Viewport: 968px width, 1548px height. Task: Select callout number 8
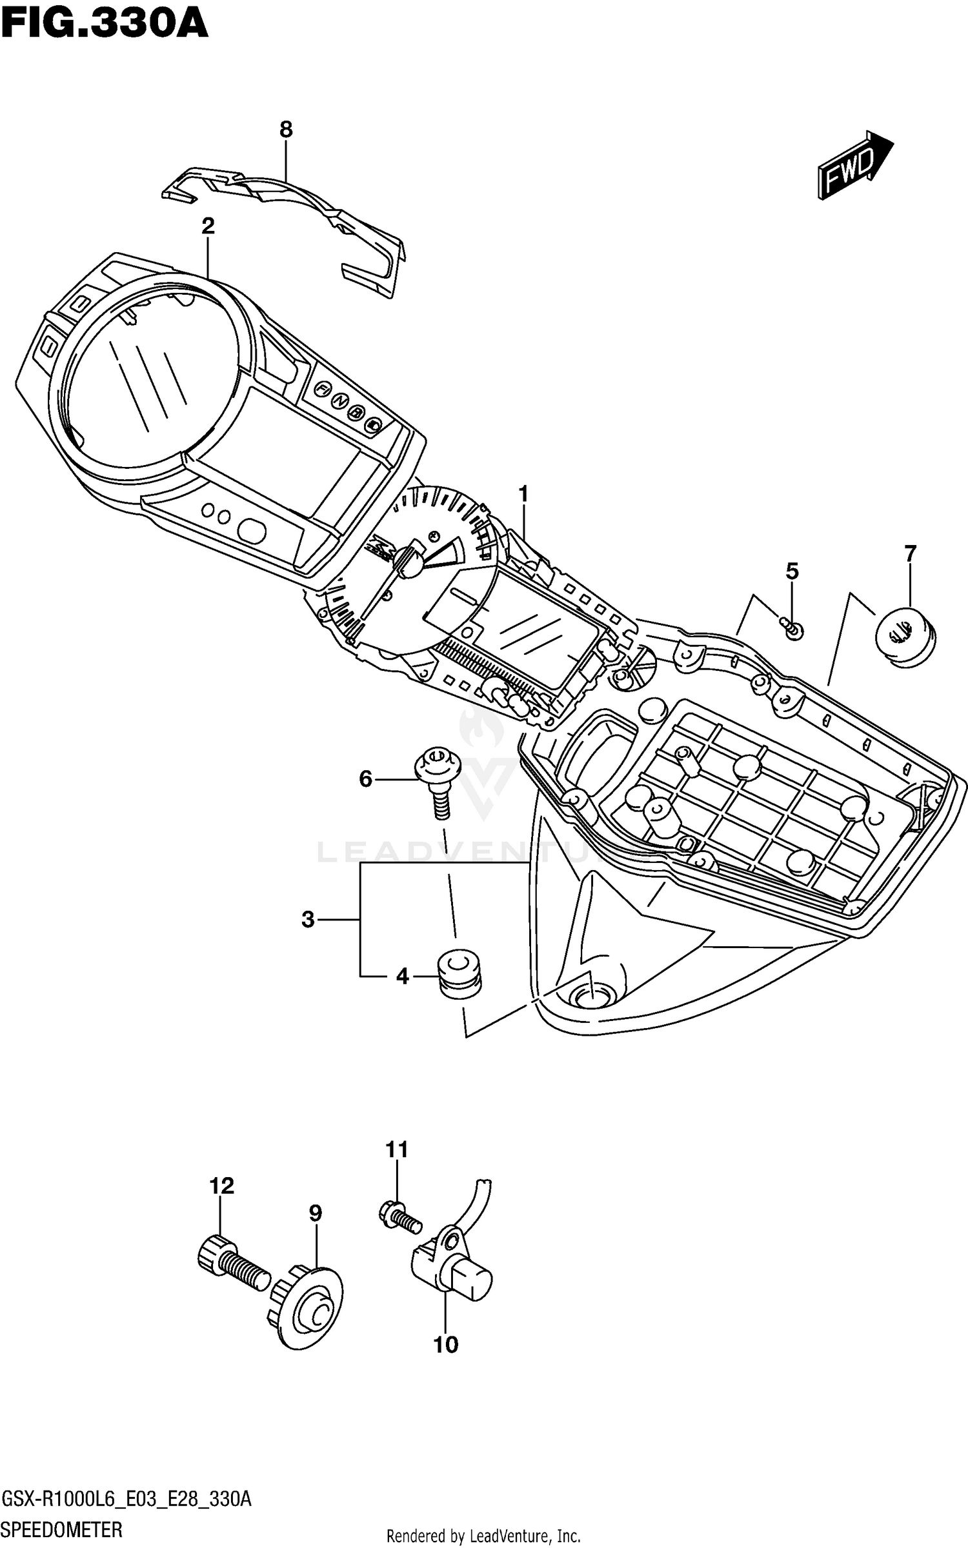[286, 130]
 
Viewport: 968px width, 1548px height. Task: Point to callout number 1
[523, 494]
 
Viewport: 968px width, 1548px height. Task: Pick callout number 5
[792, 571]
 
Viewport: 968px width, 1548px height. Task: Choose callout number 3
[308, 919]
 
